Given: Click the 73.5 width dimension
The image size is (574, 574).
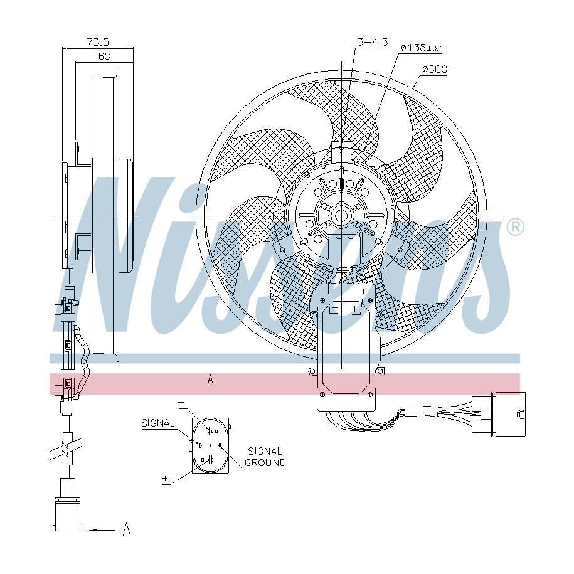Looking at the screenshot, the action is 98,42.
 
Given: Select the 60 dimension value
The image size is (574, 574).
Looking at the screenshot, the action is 104,56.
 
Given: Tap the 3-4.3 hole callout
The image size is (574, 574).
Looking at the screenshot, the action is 373,43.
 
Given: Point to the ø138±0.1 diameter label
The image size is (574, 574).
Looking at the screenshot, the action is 422,48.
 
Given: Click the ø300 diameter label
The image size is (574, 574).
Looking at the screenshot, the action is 435,69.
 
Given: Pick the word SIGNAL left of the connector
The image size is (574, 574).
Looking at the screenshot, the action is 158,423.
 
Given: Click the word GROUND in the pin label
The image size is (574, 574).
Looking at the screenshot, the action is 265,463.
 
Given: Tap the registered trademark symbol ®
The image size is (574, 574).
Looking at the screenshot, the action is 515,227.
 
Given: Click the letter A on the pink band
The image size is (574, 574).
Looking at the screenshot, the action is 210,380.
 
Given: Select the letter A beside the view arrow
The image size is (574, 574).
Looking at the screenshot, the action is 126,529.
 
